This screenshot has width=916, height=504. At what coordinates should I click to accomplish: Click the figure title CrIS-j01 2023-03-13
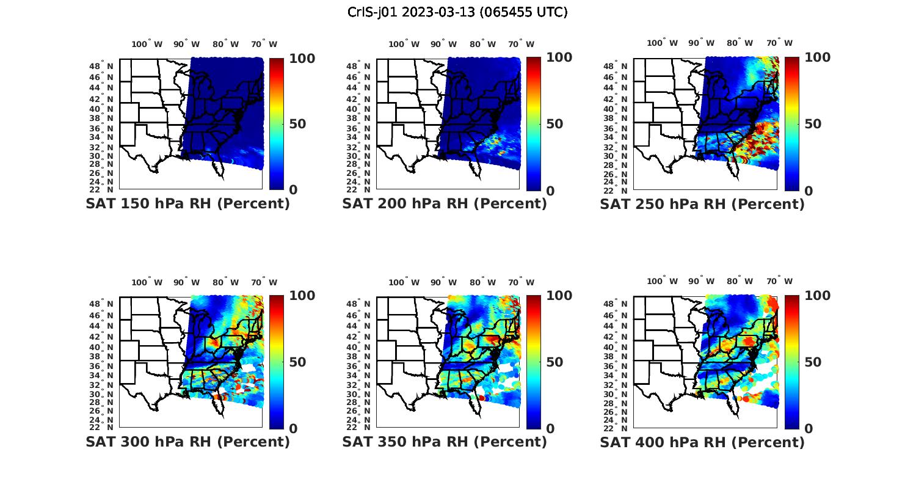457,12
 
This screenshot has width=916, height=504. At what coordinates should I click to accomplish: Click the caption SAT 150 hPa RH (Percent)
188,204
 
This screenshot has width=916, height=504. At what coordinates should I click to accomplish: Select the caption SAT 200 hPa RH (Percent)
445,204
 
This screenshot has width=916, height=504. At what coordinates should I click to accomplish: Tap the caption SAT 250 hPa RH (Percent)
702,204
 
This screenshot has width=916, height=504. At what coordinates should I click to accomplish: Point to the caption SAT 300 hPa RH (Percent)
188,442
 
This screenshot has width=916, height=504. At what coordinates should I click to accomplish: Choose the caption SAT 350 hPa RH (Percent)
445,442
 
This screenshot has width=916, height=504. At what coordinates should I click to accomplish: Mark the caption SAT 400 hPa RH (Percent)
702,442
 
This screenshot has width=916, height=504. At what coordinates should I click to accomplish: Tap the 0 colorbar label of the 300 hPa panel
293,429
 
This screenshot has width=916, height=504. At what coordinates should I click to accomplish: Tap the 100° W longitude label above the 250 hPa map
662,43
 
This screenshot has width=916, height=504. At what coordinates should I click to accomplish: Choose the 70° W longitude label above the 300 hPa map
264,282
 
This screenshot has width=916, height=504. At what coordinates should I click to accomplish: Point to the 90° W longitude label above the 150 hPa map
186,44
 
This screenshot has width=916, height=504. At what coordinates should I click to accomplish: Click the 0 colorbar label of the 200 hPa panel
550,191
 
